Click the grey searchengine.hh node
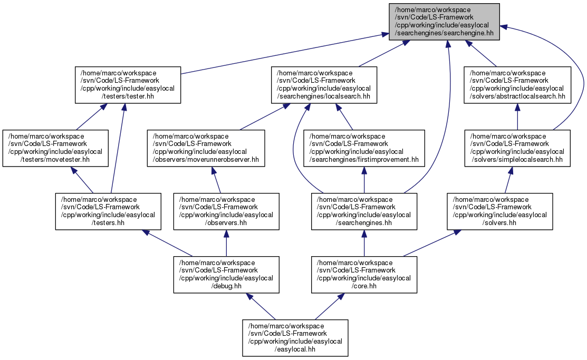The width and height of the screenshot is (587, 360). pos(445,22)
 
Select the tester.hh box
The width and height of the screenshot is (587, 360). pos(128,85)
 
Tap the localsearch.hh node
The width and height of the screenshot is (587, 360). pos(324,85)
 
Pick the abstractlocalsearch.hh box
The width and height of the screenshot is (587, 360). pos(517,85)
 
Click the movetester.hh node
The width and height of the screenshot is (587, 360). pos(55,148)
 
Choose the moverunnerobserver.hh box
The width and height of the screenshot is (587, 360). pos(206,148)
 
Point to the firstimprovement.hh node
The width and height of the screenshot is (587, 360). pos(364,148)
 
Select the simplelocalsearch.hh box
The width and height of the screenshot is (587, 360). pos(517,148)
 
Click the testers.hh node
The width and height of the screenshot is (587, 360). pos(108,211)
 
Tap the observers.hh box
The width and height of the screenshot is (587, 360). pos(226,211)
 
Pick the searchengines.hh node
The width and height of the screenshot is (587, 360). pos(364,211)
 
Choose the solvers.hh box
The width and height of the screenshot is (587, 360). pos(500,211)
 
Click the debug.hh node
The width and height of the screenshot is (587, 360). pos(226,275)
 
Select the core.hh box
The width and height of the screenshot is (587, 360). pos(364,275)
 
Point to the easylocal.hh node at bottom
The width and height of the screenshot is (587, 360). pos(295,338)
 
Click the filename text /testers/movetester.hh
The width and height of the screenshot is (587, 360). pos(55,159)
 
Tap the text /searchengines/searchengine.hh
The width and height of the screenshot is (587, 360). pos(445,33)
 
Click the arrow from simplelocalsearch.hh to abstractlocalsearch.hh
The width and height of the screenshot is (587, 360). pos(517,117)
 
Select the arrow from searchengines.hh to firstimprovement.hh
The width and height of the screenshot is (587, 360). pos(364,180)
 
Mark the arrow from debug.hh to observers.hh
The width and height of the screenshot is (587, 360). pos(226,243)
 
